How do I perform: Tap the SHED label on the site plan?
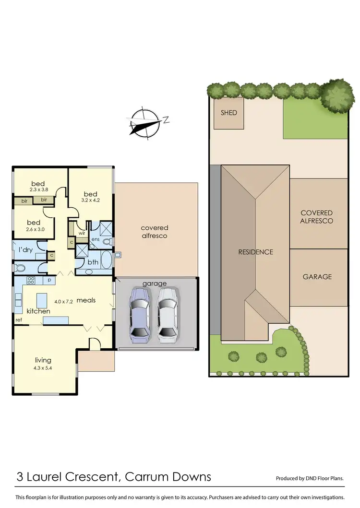[x=228, y=113]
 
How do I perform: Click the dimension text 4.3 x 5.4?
[x=43, y=368]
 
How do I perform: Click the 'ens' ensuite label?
[x=96, y=239]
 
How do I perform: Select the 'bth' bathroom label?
[x=93, y=262]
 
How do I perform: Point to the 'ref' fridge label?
[x=19, y=320]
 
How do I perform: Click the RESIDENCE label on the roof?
[x=256, y=252]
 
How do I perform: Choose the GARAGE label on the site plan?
[x=317, y=277]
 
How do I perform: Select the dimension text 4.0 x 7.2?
[x=63, y=302]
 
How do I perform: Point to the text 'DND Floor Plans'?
[x=326, y=478]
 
